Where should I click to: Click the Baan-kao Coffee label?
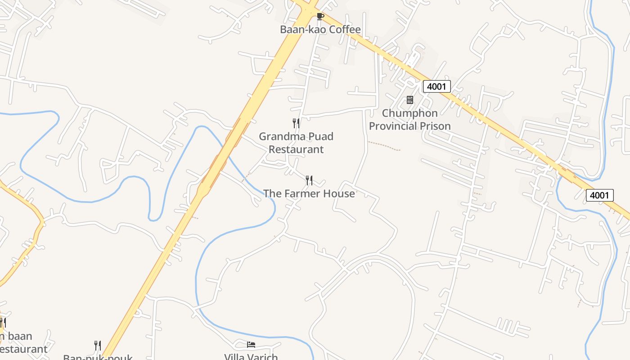320,30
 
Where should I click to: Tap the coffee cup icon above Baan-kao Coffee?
320,17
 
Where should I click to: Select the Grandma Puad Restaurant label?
296,143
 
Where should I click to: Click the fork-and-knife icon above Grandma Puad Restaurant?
296,123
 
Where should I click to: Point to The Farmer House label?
309,193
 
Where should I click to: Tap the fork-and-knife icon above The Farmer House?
309,180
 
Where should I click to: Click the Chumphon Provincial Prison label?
410,120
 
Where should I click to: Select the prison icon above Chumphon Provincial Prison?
410,99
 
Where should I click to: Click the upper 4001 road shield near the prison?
436,86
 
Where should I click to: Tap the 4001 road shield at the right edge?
600,195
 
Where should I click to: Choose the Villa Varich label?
251,357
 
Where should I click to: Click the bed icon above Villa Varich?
251,345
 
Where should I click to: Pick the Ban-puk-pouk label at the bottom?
98,357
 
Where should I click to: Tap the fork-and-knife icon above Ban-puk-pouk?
97,345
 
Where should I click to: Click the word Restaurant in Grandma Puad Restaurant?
296,149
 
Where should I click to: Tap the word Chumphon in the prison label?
410,113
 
